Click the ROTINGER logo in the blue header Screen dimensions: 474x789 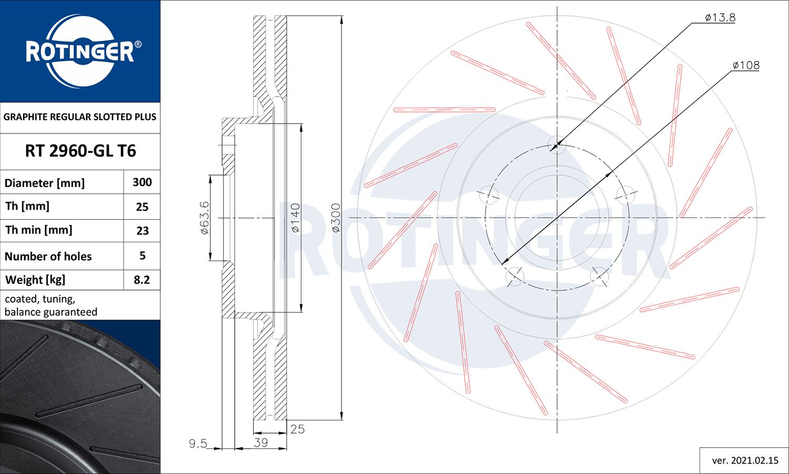[80, 51]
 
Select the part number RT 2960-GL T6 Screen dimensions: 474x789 [80, 151]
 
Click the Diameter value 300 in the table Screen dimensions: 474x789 [142, 182]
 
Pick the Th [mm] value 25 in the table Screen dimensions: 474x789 [142, 207]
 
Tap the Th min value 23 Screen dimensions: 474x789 [142, 231]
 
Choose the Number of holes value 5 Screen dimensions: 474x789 [142, 256]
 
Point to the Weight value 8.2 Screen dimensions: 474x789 [142, 280]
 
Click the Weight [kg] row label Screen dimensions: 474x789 [35, 280]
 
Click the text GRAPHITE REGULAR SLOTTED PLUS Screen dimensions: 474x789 [80, 117]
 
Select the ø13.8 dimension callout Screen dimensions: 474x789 [720, 18]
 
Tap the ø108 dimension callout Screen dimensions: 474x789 [746, 66]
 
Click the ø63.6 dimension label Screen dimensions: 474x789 [204, 218]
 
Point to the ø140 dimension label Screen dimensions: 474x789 [295, 218]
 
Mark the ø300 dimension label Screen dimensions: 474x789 [336, 218]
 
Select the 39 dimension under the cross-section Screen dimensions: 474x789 [261, 442]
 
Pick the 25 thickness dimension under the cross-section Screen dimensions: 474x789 [297, 429]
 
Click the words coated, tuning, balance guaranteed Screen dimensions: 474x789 [51, 306]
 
